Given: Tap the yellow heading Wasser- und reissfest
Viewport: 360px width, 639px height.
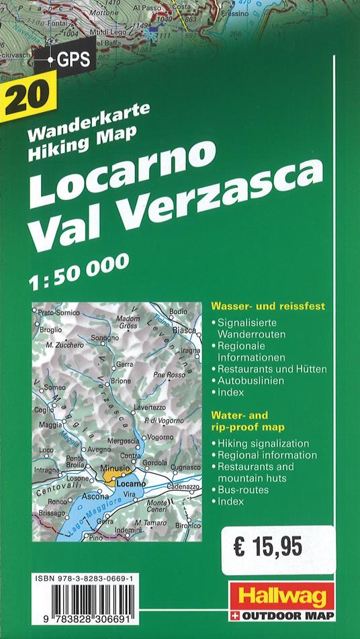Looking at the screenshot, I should coord(268,306).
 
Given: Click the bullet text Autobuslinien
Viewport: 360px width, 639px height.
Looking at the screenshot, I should coord(250,381).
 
